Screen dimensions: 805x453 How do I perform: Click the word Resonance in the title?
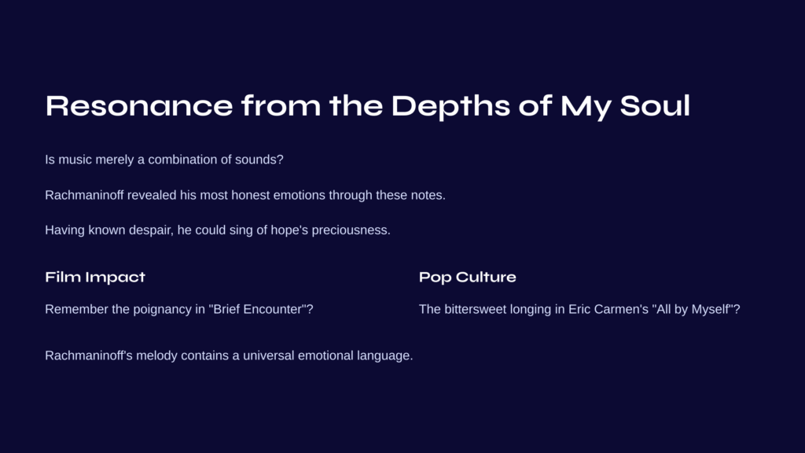[x=139, y=106]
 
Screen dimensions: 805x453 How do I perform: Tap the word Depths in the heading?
[x=450, y=107]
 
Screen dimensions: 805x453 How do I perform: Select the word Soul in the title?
[x=655, y=106]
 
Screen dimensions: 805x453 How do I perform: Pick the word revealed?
[x=152, y=195]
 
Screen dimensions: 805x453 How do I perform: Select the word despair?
[x=151, y=230]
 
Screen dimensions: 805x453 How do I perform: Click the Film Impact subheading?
[x=95, y=278]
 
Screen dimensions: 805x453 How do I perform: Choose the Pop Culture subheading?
[x=467, y=278]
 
